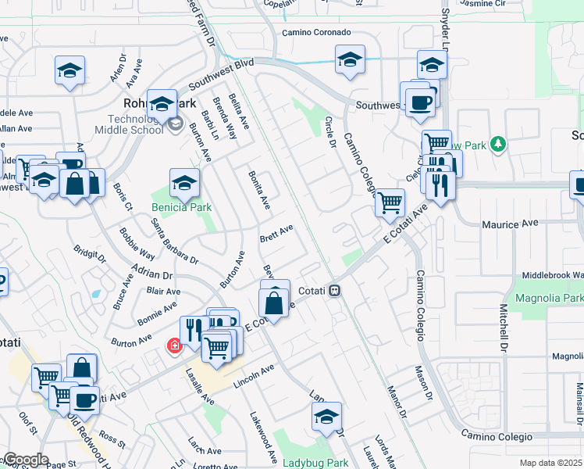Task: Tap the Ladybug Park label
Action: coord(315,463)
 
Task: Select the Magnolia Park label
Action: coord(550,299)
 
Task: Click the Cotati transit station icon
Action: coord(334,290)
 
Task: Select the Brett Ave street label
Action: coord(276,233)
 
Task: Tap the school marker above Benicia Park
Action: coord(184,184)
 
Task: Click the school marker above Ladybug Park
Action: coord(326,417)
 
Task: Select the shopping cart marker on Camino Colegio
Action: coord(390,203)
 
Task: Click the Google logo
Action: coord(25,460)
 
